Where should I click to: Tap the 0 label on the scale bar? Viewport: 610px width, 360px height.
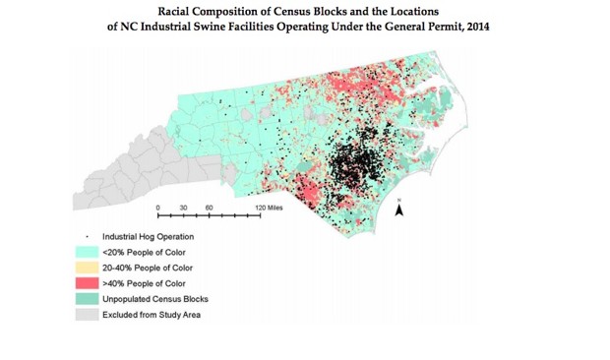click(158, 209)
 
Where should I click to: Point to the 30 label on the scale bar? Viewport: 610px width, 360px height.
click(184, 209)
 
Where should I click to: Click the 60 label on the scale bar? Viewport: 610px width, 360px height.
click(210, 209)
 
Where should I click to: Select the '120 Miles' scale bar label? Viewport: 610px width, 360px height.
click(269, 209)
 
